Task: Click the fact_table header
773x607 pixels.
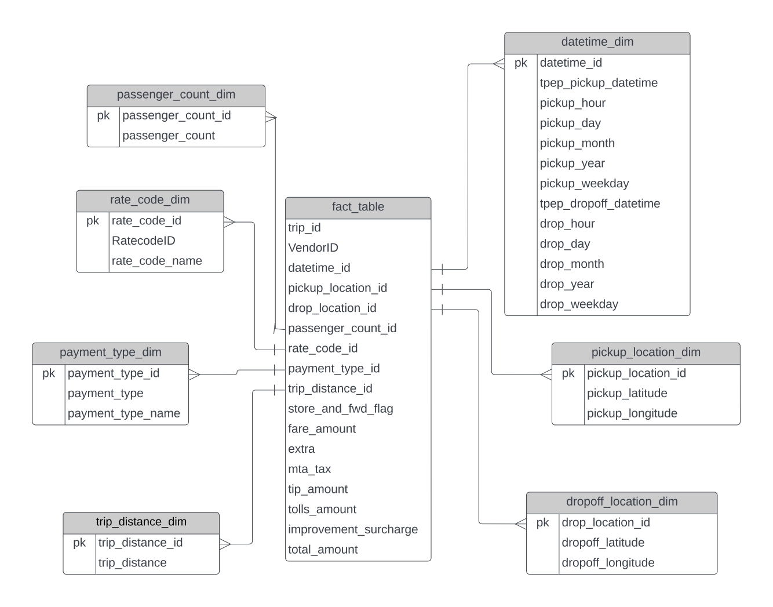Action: [x=358, y=207]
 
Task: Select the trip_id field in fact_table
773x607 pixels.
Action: [x=304, y=228]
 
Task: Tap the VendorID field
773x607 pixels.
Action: [x=313, y=248]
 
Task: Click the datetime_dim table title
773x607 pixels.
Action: [x=597, y=42]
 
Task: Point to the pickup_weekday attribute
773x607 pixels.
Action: [x=584, y=184]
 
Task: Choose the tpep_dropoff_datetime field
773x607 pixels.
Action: [x=600, y=203]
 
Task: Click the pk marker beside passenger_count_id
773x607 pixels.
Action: [x=103, y=115]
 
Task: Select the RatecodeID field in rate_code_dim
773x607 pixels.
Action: [x=143, y=241]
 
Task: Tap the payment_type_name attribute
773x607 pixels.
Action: [x=123, y=413]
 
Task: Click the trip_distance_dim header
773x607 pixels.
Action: [x=141, y=522]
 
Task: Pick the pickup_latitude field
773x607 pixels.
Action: [x=627, y=393]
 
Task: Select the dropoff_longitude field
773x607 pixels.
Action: [x=608, y=563]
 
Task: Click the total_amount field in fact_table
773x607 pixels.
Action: [x=323, y=550]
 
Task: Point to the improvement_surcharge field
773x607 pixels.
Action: [x=352, y=529]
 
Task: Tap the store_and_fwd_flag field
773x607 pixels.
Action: [x=340, y=409]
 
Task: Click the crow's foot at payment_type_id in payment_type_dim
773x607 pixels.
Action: [x=194, y=375]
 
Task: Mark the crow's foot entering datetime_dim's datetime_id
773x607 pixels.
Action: [x=498, y=64]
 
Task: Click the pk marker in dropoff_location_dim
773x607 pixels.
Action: [x=542, y=523]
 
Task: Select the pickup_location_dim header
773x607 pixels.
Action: [x=646, y=352]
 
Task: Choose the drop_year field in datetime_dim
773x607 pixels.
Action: [x=567, y=284]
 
